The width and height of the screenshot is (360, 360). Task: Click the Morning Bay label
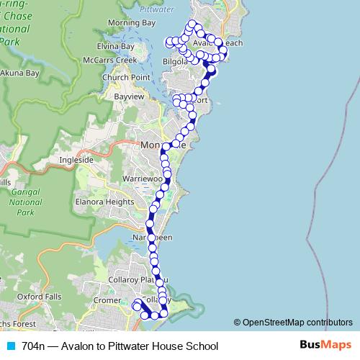[x=131, y=23]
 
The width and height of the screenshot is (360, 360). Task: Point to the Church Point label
[x=126, y=77]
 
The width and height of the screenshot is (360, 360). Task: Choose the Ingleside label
[x=76, y=159]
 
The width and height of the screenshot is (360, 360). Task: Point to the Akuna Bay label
[x=19, y=73]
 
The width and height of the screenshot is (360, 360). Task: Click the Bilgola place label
[x=176, y=62]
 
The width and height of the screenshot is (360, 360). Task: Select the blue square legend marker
[x=11, y=346]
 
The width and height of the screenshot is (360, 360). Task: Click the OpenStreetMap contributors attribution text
[x=293, y=323]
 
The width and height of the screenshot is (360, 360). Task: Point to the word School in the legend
[x=201, y=346]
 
